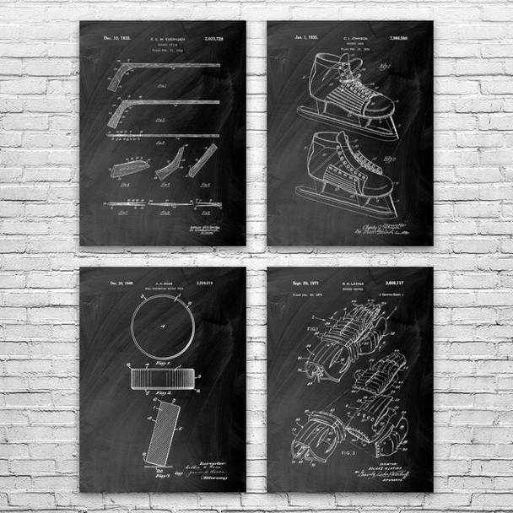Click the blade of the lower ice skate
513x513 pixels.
[354, 208]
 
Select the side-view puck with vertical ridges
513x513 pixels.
[163, 377]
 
